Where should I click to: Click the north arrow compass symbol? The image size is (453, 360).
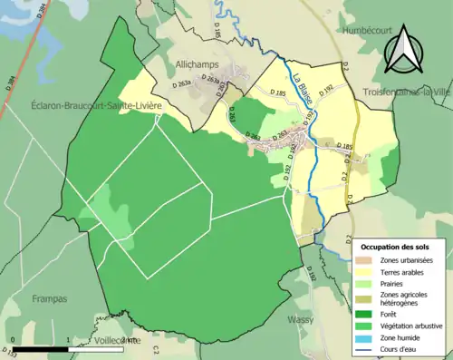(x=401, y=50)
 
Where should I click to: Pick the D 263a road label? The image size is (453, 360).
(x=208, y=80)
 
